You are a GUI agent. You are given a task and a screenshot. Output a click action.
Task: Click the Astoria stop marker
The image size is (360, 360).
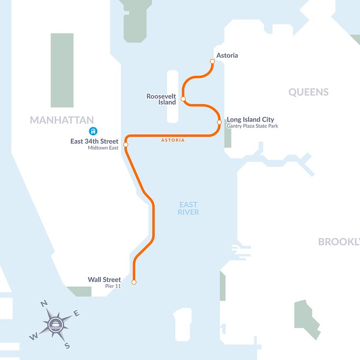click(x=212, y=61)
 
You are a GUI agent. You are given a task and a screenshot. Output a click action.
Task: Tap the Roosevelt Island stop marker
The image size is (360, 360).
click(x=183, y=99)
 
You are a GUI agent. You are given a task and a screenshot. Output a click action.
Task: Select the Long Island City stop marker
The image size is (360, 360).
click(x=219, y=122)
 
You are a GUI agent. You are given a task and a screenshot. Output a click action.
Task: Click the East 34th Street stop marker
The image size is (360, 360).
click(x=125, y=144)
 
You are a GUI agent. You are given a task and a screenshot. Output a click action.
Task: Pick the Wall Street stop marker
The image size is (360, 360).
click(x=134, y=282)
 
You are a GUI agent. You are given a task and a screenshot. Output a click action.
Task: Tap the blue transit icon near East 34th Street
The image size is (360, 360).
click(x=93, y=131)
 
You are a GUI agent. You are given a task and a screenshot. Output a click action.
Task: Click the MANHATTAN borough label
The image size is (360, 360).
click(x=61, y=120)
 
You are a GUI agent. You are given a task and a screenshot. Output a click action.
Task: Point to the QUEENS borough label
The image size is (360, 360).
click(x=308, y=92)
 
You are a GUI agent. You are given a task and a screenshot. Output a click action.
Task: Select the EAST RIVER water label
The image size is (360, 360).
click(x=188, y=208)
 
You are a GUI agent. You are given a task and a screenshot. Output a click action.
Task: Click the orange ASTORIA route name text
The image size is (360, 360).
click(x=172, y=140)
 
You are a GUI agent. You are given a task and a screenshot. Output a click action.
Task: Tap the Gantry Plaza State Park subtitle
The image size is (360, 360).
click(x=252, y=126)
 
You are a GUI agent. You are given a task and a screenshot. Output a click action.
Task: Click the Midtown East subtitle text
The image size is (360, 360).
click(x=103, y=148)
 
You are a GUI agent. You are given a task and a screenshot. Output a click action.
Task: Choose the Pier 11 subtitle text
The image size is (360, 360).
click(x=113, y=286)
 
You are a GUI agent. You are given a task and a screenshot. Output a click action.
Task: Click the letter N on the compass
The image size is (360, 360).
click(x=44, y=303)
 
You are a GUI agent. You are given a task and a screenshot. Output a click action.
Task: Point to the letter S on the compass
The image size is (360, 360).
click(x=67, y=346)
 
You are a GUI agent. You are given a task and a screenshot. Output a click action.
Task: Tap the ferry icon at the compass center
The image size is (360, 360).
click(x=56, y=324)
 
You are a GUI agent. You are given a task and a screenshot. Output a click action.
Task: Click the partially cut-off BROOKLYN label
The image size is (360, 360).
click(x=338, y=241)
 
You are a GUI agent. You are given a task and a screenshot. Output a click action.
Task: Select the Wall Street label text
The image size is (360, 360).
click(x=104, y=279)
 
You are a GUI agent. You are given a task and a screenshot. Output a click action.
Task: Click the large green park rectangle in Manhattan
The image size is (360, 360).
click(x=62, y=70)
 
